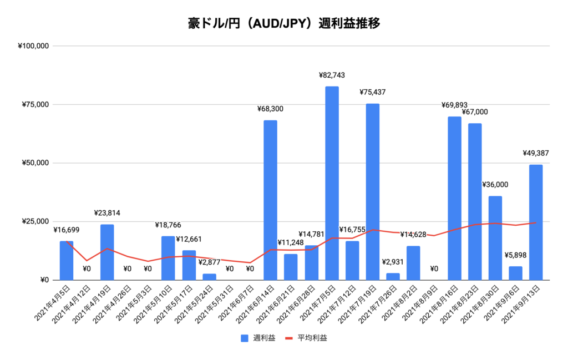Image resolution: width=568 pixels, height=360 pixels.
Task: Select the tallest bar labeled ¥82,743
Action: click(332, 183)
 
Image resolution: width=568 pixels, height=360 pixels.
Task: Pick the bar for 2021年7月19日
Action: click(373, 191)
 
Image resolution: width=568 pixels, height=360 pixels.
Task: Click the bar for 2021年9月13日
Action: click(536, 222)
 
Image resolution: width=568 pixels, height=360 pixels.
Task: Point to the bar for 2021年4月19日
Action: click(107, 252)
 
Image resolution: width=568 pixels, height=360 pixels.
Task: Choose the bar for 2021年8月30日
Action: click(495, 238)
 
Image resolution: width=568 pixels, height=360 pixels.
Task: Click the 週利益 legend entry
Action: click(258, 337)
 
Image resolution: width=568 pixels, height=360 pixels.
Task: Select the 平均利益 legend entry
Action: click(306, 337)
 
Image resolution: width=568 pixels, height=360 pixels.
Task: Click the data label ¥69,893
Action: click(454, 105)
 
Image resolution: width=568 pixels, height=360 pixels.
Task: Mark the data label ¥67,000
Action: click(475, 112)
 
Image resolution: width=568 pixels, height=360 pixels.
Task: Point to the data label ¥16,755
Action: click(353, 230)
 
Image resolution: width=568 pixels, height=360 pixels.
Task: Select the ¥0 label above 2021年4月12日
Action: click(87, 269)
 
